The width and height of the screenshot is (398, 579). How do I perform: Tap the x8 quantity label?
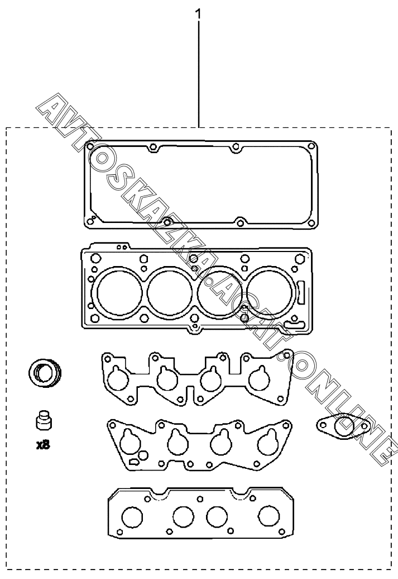tap(43, 445)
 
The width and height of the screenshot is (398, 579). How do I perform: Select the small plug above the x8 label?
tap(44, 420)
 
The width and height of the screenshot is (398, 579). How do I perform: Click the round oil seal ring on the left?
tap(45, 372)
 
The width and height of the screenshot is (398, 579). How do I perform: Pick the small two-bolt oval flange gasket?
tap(343, 426)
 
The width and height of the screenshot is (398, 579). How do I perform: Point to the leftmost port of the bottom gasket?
tap(132, 518)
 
